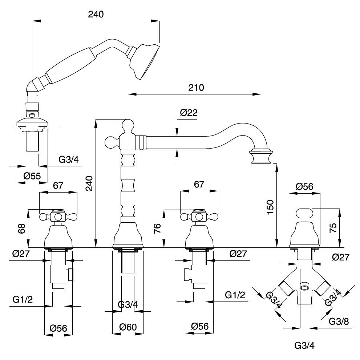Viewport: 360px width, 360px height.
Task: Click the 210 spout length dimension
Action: (196, 88)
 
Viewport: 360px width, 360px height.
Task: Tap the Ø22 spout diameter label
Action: (189, 113)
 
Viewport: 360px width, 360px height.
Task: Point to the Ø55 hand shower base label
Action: (32, 176)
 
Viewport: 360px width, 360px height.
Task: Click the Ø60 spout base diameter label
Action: (128, 327)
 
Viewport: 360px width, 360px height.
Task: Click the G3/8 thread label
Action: (339, 321)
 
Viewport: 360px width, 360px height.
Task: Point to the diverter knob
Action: (304, 214)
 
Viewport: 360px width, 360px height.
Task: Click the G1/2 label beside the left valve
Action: (23, 299)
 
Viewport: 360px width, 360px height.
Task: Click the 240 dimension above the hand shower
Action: (96, 14)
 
